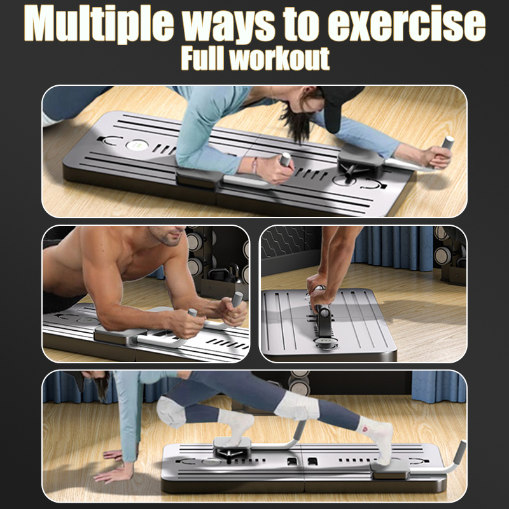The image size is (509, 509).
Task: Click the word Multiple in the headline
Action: (x=99, y=24)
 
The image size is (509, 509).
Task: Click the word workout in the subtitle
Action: (x=279, y=59)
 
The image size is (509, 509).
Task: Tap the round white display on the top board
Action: (x=136, y=145)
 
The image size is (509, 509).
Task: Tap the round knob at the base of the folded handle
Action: (x=326, y=344)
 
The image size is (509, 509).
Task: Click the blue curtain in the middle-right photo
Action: (x=393, y=248)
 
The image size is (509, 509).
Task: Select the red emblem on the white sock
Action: (x=365, y=429)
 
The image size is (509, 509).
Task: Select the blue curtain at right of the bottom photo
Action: (x=439, y=386)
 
